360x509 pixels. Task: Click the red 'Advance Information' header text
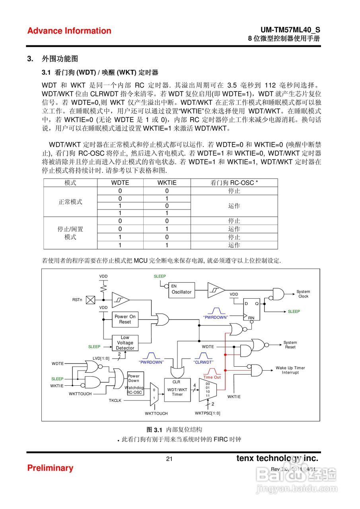(69, 31)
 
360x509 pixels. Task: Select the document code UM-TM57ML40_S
(290, 30)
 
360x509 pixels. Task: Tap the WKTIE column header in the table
(167, 183)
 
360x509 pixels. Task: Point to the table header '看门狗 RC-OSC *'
(234, 183)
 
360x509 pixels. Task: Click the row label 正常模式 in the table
(70, 202)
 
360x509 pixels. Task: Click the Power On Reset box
(125, 319)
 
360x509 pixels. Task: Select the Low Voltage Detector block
(125, 343)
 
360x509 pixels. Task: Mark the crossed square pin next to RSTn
(91, 299)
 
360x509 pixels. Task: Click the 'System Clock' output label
(303, 294)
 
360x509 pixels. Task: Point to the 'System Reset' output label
(290, 345)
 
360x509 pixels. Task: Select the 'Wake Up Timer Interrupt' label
(290, 370)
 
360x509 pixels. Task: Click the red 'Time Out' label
(212, 377)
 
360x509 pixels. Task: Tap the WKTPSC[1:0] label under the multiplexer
(207, 413)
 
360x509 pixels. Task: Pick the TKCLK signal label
(115, 400)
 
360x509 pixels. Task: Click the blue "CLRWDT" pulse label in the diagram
(203, 362)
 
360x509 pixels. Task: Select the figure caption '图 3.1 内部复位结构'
(174, 429)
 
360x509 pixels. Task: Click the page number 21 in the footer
(169, 459)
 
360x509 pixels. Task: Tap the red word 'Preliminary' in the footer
(50, 468)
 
